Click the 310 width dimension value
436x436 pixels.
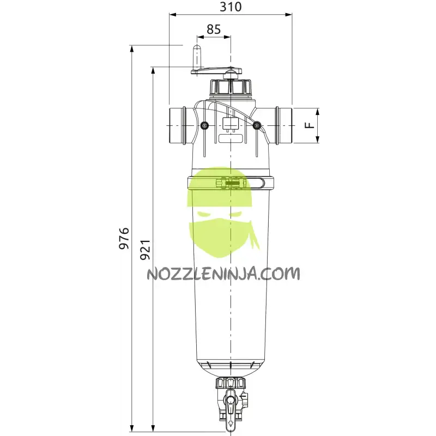231,7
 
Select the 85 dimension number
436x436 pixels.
214,29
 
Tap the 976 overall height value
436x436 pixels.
125,238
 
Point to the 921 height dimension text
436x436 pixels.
144,250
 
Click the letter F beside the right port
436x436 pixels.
309,125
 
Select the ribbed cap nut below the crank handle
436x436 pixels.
231,87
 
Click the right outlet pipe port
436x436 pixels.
282,125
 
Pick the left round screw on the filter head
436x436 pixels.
204,126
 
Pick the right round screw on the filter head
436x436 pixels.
257,126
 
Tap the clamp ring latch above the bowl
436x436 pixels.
230,184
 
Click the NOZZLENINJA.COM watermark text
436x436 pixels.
223,273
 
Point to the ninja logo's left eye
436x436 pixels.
204,215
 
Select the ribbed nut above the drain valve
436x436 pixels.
231,383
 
